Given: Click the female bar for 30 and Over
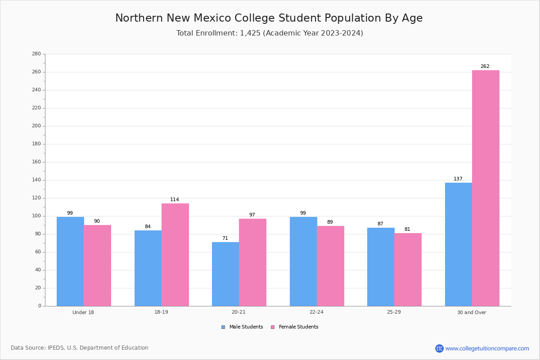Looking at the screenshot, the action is (486, 188).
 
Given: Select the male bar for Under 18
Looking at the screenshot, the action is (70, 261).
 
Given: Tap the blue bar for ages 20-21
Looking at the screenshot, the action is (225, 274).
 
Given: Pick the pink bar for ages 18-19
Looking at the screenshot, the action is (175, 255).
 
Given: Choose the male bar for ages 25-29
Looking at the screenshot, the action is (381, 267).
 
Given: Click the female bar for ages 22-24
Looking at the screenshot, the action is (330, 266).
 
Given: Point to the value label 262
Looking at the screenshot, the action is (485, 66).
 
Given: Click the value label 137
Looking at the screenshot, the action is (458, 179).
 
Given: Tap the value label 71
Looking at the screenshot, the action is (225, 238).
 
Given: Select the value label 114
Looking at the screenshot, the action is (175, 200).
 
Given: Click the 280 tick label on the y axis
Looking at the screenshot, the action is (36, 54).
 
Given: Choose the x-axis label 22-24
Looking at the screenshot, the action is (316, 312).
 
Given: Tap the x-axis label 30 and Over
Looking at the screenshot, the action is (472, 312).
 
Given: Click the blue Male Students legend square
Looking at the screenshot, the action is (223, 327).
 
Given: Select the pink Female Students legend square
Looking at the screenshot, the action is (273, 327).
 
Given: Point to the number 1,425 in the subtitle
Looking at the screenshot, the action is (250, 33).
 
